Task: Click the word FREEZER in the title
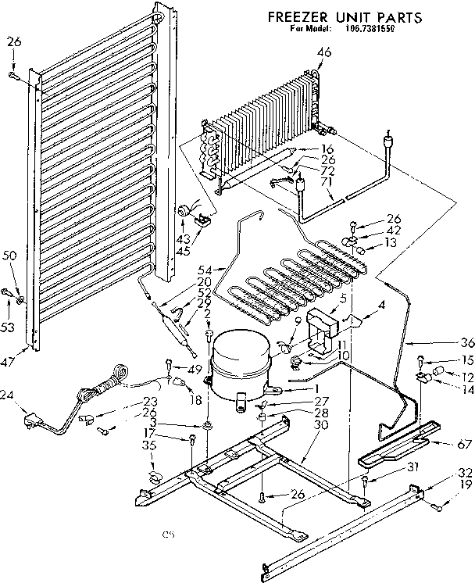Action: (295, 16)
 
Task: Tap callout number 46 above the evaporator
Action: (323, 52)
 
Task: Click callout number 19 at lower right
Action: (466, 485)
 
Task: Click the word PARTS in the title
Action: (398, 16)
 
